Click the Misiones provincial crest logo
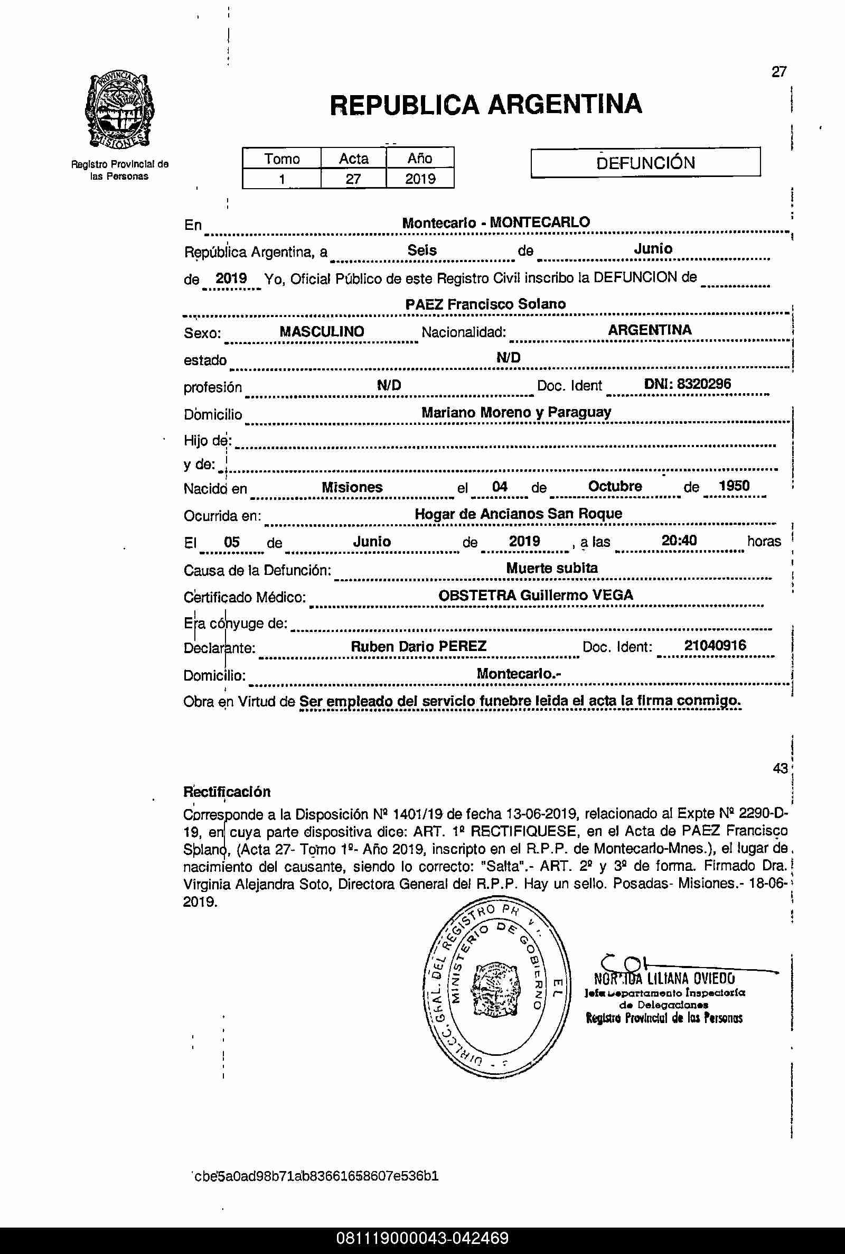point(119,110)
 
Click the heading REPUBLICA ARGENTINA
point(485,105)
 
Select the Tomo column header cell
point(282,159)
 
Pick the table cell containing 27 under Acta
point(353,179)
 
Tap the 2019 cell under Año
point(420,179)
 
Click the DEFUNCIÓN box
point(645,162)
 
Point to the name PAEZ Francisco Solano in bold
point(485,304)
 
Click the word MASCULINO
point(322,331)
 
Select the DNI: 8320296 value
point(687,384)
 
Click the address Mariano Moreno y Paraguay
point(516,412)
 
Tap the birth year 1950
point(734,486)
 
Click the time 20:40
point(679,540)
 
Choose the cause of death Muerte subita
point(551,568)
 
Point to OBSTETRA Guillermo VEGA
point(535,595)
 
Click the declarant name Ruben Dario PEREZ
point(418,646)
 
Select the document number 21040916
point(715,645)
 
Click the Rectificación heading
point(227,792)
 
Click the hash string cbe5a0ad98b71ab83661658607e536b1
point(316,1176)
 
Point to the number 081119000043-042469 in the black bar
point(422,1238)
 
